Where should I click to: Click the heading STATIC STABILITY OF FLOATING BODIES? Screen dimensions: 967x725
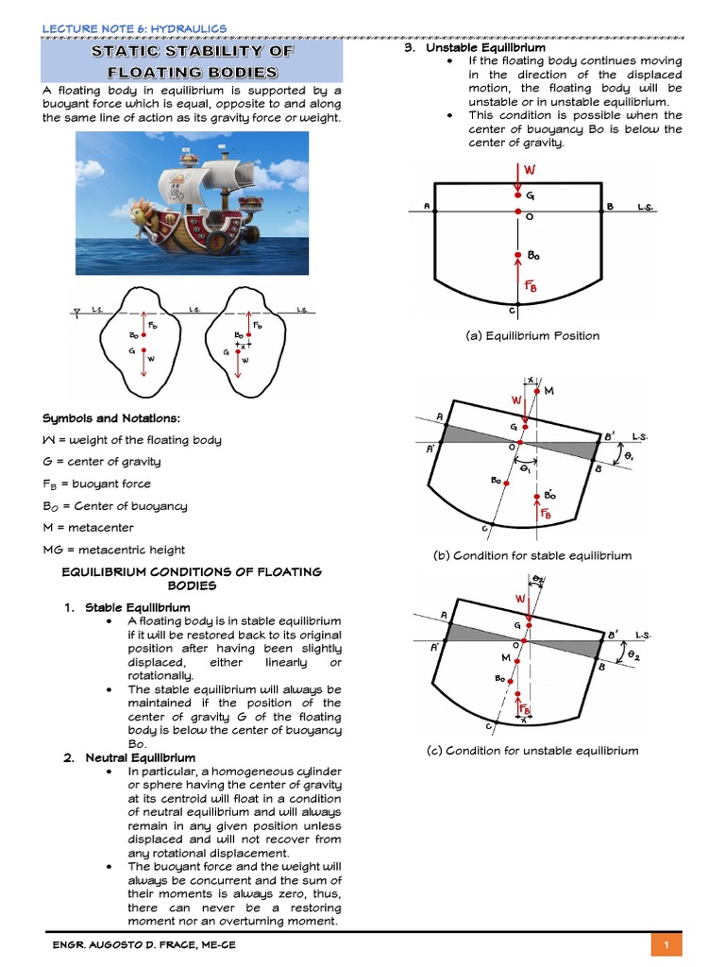click(192, 61)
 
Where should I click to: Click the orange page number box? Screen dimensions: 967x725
click(666, 944)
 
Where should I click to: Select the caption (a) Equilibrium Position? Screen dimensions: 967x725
click(532, 335)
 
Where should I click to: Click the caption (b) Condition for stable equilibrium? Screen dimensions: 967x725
click(532, 556)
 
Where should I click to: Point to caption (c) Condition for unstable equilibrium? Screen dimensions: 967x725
click(532, 751)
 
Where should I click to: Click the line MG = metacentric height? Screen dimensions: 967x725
click(114, 550)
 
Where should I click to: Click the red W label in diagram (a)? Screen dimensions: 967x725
click(530, 170)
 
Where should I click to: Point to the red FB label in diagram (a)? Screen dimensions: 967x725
click(531, 286)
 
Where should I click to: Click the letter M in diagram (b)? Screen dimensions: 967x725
click(549, 391)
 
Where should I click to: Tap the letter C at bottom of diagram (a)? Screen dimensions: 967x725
click(511, 310)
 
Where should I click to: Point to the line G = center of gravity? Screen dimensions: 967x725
click(102, 462)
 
